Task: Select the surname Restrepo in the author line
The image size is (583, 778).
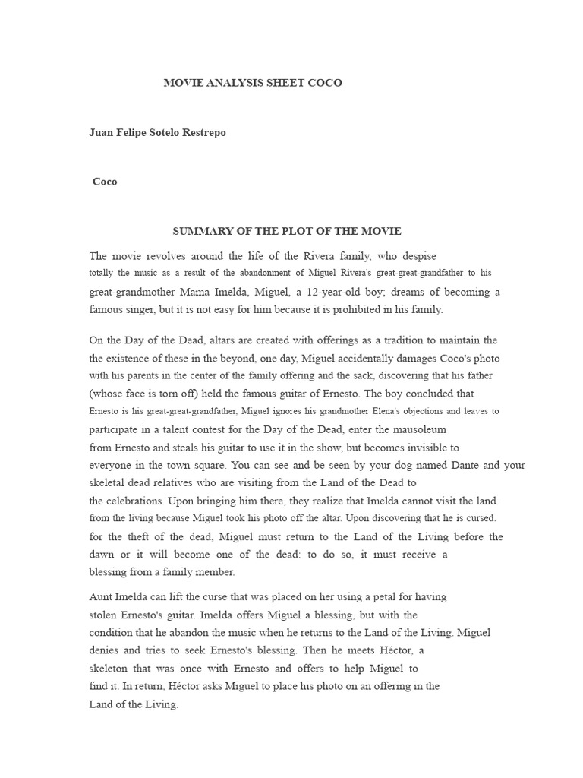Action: point(198,132)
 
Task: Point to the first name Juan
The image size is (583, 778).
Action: point(101,132)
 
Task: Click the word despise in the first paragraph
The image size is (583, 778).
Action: point(415,256)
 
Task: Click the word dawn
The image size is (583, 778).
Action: point(102,555)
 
